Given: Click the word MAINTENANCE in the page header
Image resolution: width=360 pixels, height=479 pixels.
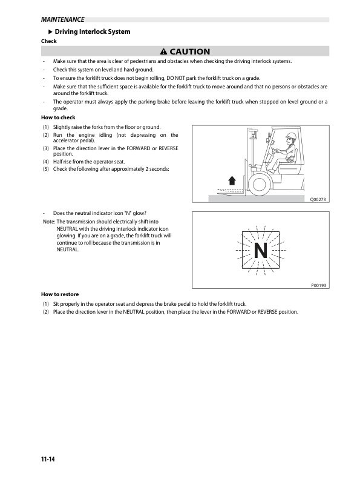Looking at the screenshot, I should [x=59, y=19].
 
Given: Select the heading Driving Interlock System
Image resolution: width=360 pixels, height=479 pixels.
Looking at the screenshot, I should [x=93, y=31].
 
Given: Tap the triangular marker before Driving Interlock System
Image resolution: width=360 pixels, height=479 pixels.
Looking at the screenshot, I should [x=50, y=31].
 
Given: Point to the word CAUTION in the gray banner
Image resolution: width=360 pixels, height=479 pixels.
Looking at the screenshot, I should [x=190, y=52].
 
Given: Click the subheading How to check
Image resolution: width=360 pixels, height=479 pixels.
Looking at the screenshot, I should [x=59, y=117].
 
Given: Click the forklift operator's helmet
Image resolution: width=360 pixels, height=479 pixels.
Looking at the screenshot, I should [x=291, y=136].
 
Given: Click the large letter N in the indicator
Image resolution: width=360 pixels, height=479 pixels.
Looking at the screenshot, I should [x=260, y=250].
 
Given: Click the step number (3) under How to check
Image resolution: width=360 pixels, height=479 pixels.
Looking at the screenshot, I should [x=45, y=148].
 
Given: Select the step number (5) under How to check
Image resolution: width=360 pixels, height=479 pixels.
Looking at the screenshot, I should [x=45, y=169].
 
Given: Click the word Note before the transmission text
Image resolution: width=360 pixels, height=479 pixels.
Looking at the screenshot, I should [x=47, y=222].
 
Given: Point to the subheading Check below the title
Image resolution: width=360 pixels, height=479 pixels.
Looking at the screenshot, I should [x=48, y=41].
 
